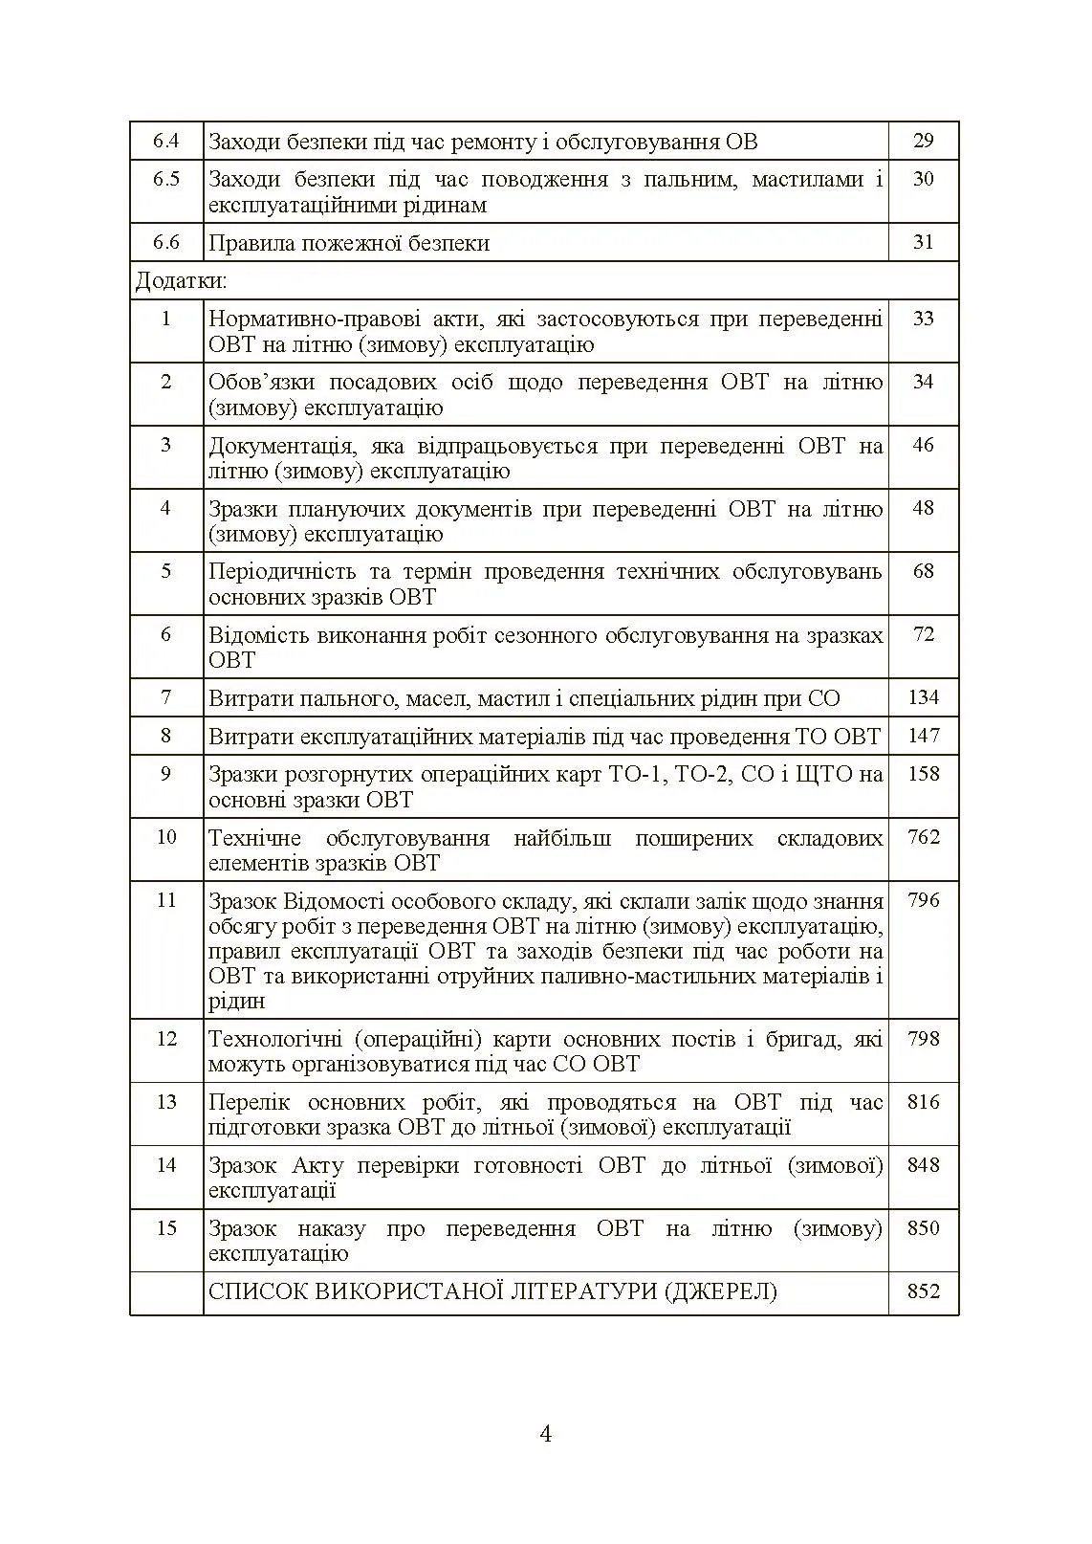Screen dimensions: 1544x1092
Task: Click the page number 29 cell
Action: (923, 141)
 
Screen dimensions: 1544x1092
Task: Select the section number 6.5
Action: (166, 179)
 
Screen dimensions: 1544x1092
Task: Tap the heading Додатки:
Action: (182, 281)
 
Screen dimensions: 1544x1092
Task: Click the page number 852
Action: (923, 1291)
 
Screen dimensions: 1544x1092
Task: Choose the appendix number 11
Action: (166, 900)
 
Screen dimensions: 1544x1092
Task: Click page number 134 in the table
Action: (923, 697)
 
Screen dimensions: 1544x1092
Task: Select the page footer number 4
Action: (546, 1434)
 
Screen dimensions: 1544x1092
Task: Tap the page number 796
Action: (923, 900)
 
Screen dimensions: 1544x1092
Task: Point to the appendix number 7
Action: (166, 697)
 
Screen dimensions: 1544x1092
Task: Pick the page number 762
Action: (923, 837)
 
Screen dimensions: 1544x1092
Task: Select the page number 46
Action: (923, 445)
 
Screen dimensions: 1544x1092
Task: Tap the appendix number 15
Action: (166, 1228)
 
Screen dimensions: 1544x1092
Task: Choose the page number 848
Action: (923, 1165)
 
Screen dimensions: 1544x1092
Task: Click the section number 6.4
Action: (166, 141)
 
